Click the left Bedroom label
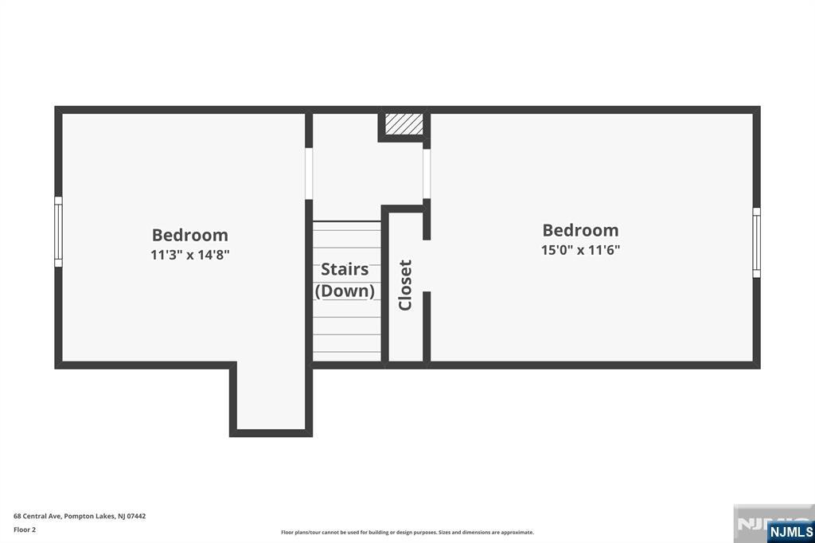coord(189,235)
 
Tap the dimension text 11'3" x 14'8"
coord(189,255)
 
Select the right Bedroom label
coord(580,230)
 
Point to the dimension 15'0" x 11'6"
coord(580,250)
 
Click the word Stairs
coord(344,269)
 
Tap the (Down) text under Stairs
coord(344,291)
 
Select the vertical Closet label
coord(405,285)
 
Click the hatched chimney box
coord(404,124)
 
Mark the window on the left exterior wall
coord(58,232)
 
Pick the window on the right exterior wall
coord(756,242)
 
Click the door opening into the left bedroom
coord(309,174)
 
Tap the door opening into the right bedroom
coord(427,174)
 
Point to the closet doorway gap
coord(427,266)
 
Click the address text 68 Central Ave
coord(37,516)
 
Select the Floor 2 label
coord(25,530)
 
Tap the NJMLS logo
coord(790,531)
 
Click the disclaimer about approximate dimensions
coord(407,533)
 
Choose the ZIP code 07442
coord(137,516)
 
